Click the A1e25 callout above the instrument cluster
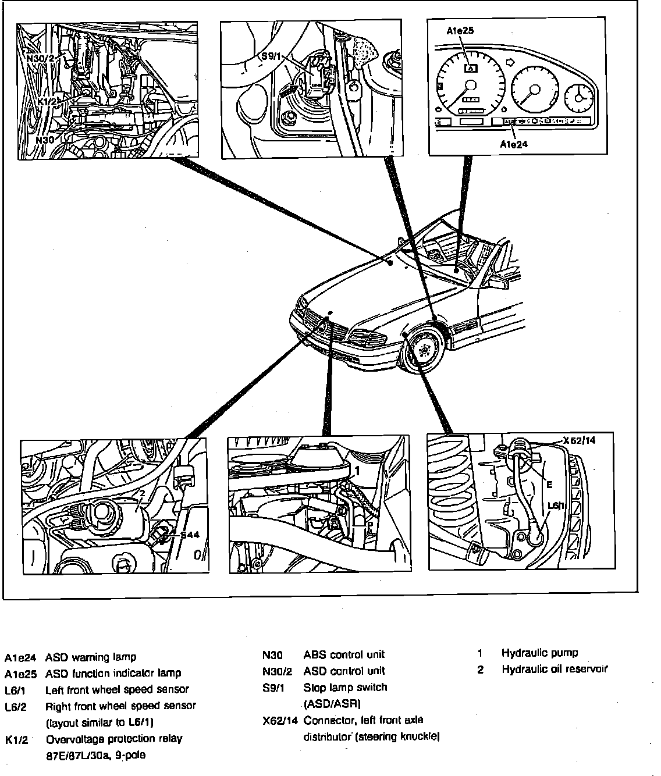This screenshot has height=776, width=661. (x=460, y=31)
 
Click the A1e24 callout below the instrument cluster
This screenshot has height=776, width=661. (x=513, y=144)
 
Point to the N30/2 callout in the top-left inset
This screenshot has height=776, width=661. (x=40, y=58)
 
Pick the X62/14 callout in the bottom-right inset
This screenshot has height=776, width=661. (x=579, y=440)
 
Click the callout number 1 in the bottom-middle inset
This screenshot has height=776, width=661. (x=358, y=469)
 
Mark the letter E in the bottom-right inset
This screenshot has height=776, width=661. (x=549, y=484)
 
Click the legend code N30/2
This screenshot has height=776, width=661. (x=277, y=671)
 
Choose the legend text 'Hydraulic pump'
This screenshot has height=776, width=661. (x=539, y=653)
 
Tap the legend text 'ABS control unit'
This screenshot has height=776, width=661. (x=344, y=654)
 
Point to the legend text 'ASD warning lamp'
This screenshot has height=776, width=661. (x=91, y=657)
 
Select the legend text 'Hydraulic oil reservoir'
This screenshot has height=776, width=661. (x=554, y=669)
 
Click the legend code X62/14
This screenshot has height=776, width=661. (x=280, y=721)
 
